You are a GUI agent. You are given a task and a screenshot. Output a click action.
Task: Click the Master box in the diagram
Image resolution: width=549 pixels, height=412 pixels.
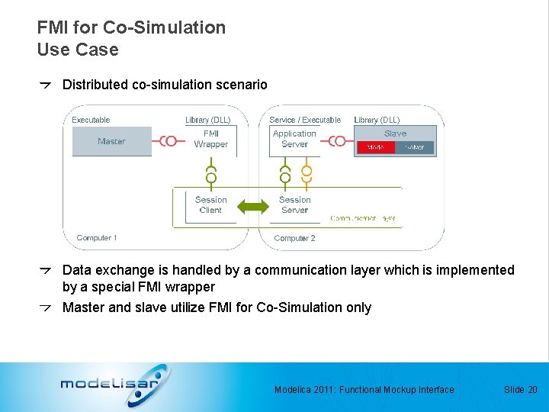click(x=111, y=141)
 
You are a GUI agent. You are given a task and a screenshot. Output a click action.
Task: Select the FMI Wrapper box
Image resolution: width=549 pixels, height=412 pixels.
click(x=211, y=139)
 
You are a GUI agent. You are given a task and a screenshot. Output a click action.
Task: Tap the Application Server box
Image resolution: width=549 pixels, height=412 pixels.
click(x=294, y=139)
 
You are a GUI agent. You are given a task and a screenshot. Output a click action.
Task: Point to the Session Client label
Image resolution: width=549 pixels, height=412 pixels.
click(x=210, y=204)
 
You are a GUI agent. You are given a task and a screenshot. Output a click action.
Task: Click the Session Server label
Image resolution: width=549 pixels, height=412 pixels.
click(x=294, y=204)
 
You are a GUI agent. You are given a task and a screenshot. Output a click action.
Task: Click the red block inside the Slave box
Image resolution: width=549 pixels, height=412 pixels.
click(x=375, y=147)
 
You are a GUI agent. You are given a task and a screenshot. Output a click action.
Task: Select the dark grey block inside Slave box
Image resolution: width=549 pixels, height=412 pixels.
click(x=415, y=147)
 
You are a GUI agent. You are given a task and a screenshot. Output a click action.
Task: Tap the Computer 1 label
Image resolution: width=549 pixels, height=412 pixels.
click(x=97, y=238)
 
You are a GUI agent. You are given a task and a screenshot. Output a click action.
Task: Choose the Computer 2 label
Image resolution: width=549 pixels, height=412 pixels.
click(x=294, y=238)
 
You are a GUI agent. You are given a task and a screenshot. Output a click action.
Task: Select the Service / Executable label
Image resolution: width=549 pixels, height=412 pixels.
click(x=305, y=120)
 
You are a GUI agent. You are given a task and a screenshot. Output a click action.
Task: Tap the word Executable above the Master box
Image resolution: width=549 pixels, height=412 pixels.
click(x=91, y=120)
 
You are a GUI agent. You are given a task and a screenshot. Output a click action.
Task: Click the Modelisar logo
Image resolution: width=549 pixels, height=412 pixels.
click(x=114, y=384)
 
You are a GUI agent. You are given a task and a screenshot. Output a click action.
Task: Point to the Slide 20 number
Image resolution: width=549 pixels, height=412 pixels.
click(x=521, y=390)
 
